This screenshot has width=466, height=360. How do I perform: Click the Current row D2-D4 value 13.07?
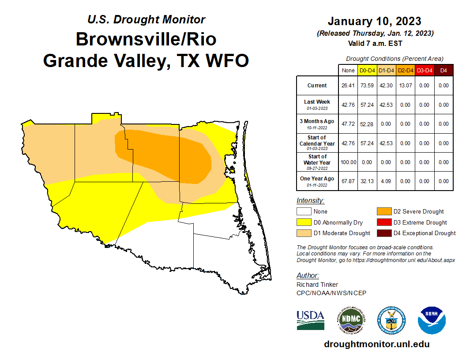click(405, 86)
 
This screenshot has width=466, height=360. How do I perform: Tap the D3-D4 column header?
click(424, 70)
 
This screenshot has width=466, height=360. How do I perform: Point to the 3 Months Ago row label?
click(317, 124)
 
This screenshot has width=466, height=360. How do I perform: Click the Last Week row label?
click(317, 104)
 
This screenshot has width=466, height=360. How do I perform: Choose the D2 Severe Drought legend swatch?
click(382, 212)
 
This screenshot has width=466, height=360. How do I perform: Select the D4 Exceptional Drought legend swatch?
click(382, 233)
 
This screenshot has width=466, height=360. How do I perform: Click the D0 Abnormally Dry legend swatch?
click(304, 222)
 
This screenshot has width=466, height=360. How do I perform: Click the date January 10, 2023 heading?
click(374, 21)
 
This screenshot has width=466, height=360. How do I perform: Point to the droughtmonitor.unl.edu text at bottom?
click(376, 344)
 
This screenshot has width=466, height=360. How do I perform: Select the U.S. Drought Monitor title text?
click(146, 19)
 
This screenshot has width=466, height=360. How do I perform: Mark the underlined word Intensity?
click(310, 201)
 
